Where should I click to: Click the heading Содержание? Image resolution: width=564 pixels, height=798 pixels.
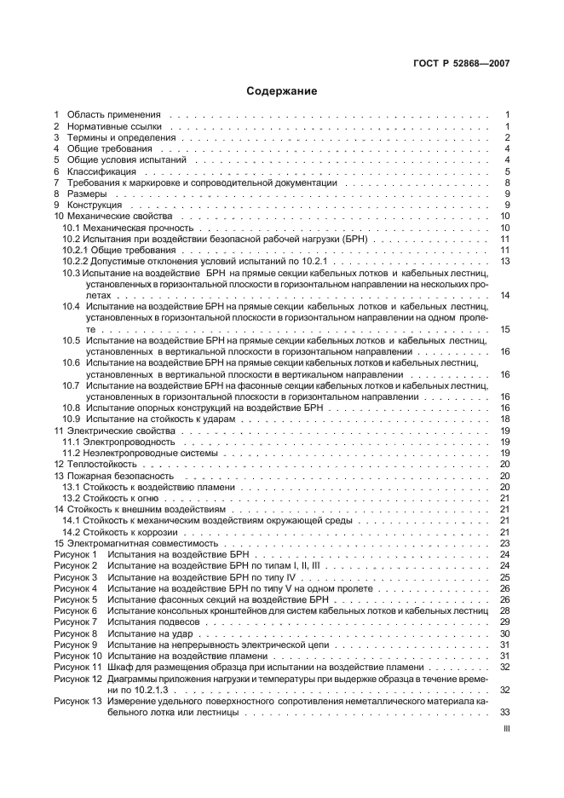pos(281,90)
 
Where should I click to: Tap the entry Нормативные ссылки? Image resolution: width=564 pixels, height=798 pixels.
pos(114,126)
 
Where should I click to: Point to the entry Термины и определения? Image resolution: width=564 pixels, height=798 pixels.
pos(121,137)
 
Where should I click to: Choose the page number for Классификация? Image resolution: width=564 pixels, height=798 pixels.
pos(506,171)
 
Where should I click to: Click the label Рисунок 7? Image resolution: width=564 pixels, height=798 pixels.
pos(76,622)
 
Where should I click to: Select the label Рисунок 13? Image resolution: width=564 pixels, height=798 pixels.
pos(78,701)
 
